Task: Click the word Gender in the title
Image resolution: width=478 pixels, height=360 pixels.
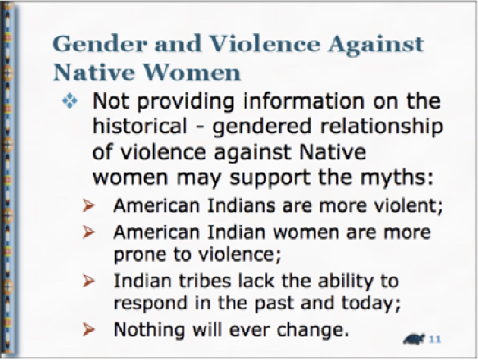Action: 100,44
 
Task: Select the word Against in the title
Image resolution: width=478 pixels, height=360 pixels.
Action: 376,46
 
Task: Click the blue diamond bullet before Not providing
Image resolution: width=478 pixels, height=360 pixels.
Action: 70,101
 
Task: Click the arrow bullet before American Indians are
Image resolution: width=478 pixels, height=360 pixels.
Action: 89,205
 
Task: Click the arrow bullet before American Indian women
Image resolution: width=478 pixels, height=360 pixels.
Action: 89,232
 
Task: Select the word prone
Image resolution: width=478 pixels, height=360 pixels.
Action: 140,255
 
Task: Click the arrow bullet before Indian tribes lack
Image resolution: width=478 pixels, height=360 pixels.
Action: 89,281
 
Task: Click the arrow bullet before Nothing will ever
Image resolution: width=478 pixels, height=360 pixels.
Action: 89,329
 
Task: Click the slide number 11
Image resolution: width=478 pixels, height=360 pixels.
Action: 435,339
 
